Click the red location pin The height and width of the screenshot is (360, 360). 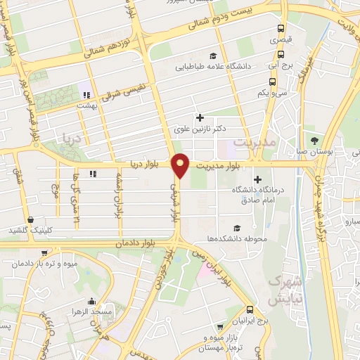click(181, 165)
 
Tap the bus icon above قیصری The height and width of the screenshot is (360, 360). click(281, 30)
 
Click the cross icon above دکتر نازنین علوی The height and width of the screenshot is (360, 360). click(200, 118)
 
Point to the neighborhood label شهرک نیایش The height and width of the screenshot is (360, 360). click(283, 288)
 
